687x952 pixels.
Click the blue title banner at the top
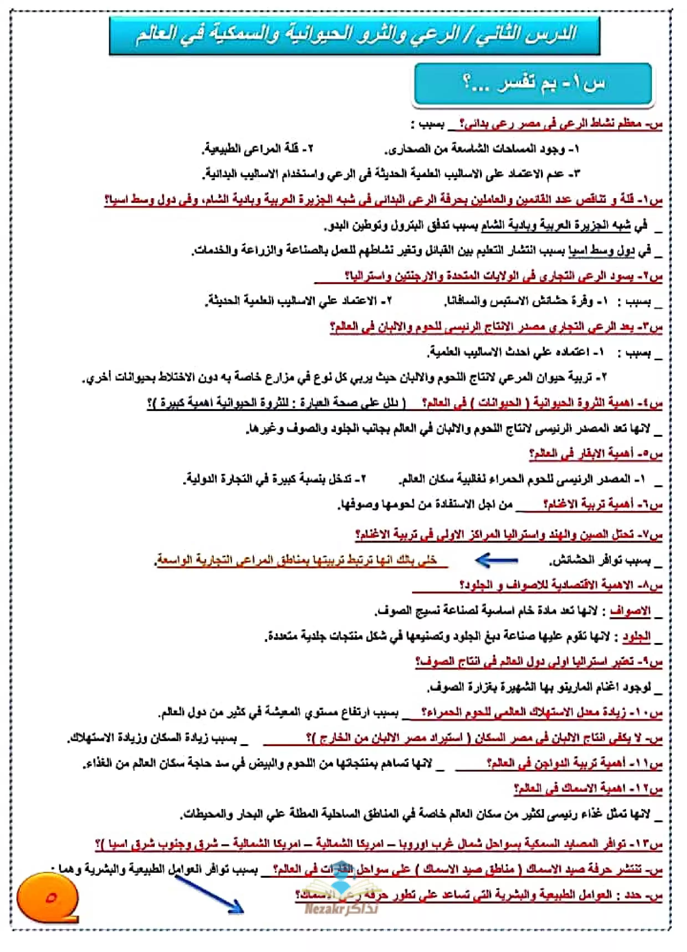(x=355, y=36)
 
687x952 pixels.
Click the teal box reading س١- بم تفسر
(x=533, y=84)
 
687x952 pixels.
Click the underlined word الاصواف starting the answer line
(x=630, y=611)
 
